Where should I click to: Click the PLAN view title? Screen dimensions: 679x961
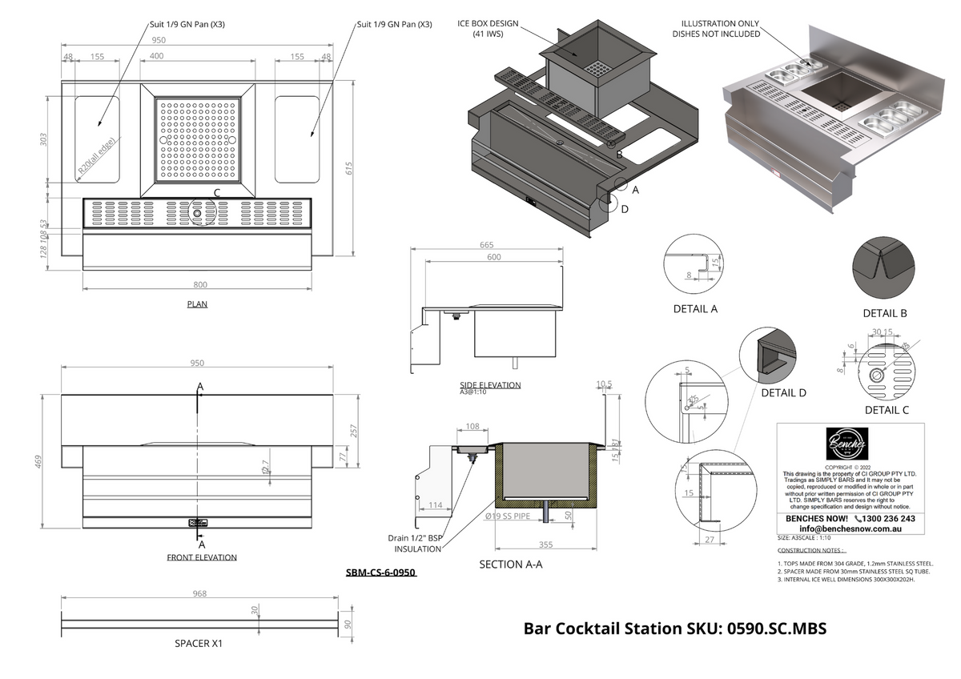coord(196,304)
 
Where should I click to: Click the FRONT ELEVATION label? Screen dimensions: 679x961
coord(202,557)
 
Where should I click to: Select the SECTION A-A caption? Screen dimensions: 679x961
coord(510,564)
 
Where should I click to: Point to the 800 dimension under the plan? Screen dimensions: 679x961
coord(200,284)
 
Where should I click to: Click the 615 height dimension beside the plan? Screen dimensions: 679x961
coord(348,169)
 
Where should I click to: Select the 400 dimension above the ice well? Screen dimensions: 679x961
coord(156,56)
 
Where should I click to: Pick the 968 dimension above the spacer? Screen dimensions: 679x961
coord(199,593)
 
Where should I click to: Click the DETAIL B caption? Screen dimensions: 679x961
coord(884,313)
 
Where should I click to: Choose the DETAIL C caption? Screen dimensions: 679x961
coord(887,410)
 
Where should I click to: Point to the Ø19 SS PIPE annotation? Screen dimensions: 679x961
coord(508,516)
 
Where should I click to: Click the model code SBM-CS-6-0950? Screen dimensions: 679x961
coord(380,573)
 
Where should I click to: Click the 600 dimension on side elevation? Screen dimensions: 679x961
coord(494,257)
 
